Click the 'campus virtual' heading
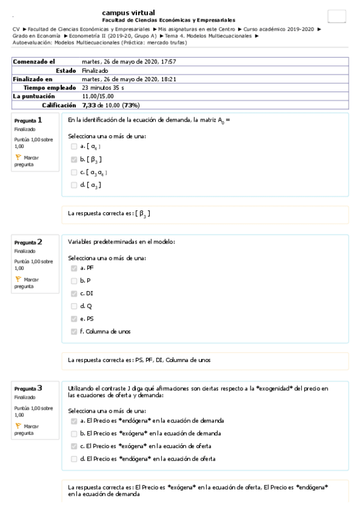tap(128, 13)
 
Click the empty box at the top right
tap(337, 17)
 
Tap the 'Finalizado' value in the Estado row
tap(95, 70)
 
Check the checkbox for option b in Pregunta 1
tap(74, 159)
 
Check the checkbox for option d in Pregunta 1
tap(74, 185)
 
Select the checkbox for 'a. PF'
tap(74, 268)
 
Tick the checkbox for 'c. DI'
tap(74, 293)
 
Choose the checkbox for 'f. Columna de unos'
tap(74, 331)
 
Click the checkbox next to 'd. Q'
tap(74, 306)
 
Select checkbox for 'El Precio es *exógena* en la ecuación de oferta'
tap(74, 446)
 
